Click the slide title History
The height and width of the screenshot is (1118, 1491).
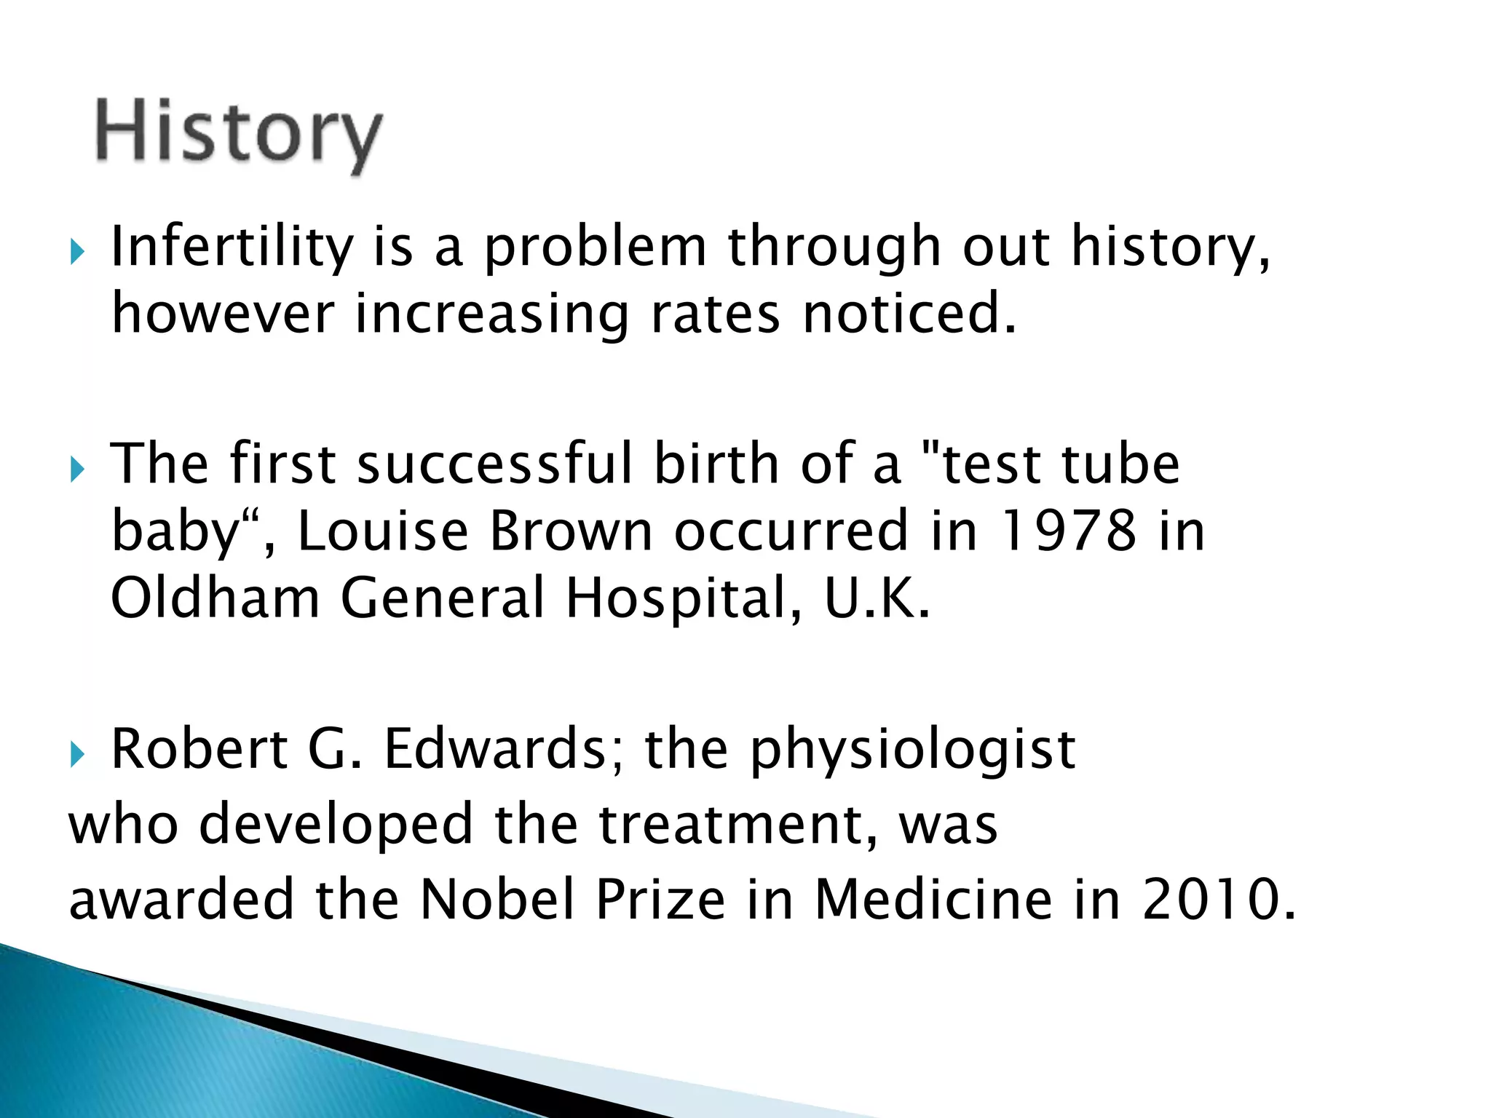pyautogui.click(x=238, y=133)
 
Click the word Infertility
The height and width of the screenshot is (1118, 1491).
pyautogui.click(x=232, y=247)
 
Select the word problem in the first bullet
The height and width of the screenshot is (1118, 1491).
pyautogui.click(x=595, y=247)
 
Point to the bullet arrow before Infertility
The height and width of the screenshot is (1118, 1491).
pyautogui.click(x=78, y=253)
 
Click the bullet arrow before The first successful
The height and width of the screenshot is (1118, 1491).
pyautogui.click(x=78, y=469)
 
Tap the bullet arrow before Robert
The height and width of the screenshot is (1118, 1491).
pyautogui.click(x=78, y=755)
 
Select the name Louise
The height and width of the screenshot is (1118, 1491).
pyautogui.click(x=383, y=531)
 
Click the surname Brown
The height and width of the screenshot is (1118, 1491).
pyautogui.click(x=571, y=531)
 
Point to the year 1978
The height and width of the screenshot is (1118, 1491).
pyautogui.click(x=1068, y=531)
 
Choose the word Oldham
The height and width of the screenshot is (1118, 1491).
pyautogui.click(x=215, y=598)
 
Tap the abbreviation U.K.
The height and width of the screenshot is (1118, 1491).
pyautogui.click(x=877, y=598)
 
